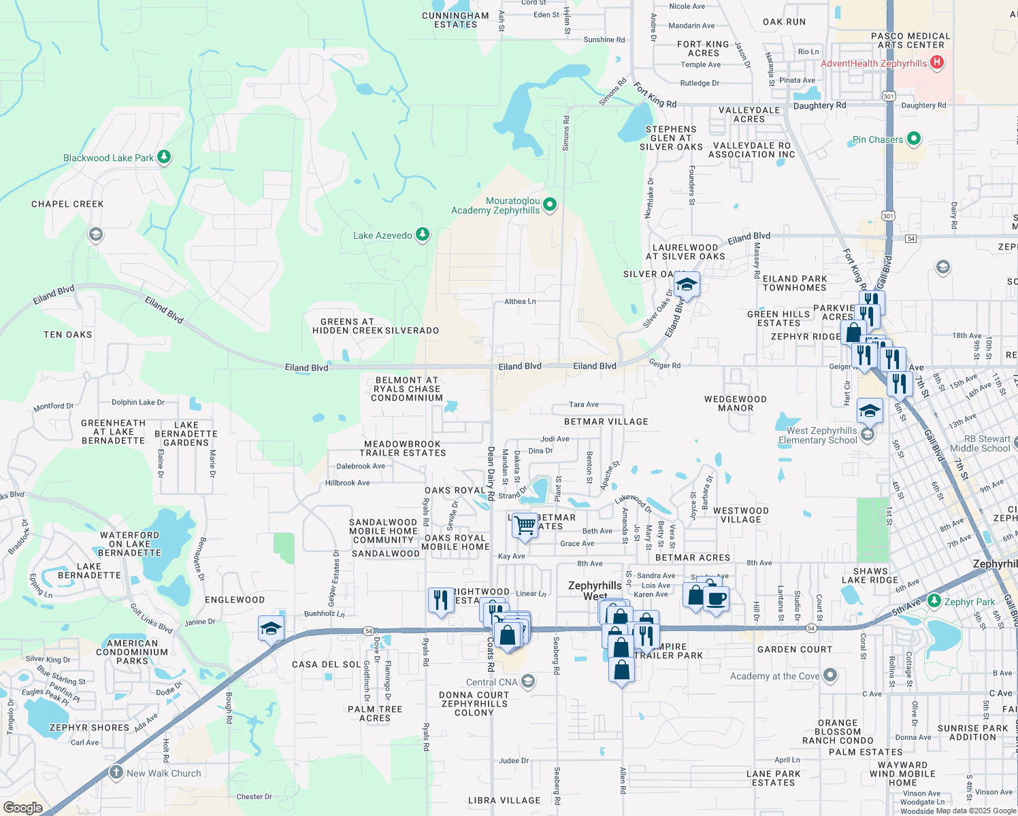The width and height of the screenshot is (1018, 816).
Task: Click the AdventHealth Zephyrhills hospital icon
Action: click(x=937, y=63)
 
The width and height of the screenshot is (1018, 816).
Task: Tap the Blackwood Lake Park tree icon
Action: click(x=164, y=157)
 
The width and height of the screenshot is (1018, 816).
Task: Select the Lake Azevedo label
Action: click(x=382, y=235)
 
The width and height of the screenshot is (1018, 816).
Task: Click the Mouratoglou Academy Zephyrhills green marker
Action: click(x=550, y=204)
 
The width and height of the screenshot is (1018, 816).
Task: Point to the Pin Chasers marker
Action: click(x=914, y=139)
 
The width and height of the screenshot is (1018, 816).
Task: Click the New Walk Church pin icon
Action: click(x=116, y=772)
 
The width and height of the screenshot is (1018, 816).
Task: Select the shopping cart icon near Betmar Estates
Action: click(x=525, y=526)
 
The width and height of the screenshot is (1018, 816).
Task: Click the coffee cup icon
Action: click(x=716, y=599)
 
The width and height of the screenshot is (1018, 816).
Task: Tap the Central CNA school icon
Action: click(x=528, y=681)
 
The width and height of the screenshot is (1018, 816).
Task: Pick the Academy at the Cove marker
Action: click(x=830, y=675)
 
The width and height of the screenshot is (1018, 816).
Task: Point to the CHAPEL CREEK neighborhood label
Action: click(x=67, y=204)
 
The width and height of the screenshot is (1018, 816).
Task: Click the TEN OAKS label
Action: click(x=67, y=335)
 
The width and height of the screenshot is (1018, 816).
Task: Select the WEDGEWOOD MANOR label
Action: click(x=736, y=404)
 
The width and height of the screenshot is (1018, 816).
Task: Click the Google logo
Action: click(x=22, y=808)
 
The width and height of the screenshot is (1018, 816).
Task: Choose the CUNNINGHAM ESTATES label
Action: click(x=455, y=20)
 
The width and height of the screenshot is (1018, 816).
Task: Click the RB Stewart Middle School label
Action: click(x=980, y=443)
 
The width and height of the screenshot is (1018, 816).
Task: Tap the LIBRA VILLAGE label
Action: click(x=504, y=800)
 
